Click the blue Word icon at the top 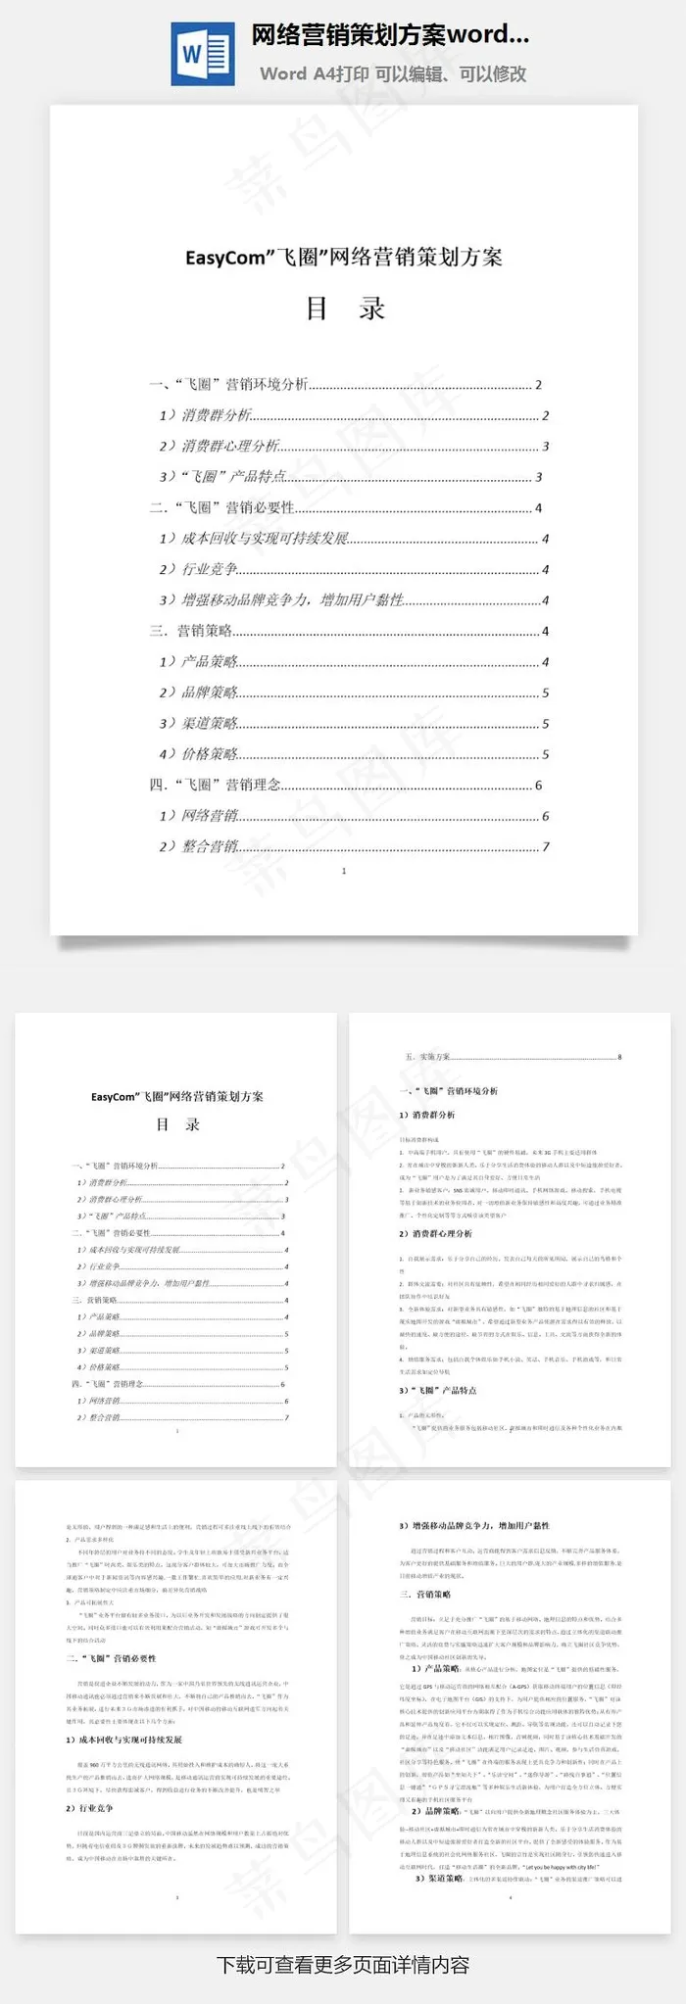(x=202, y=54)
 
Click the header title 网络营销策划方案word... (x=390, y=36)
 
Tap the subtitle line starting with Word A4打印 (x=393, y=73)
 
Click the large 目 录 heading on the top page (x=345, y=309)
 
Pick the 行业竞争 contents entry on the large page (x=210, y=570)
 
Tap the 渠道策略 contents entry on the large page (x=210, y=724)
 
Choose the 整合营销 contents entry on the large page (x=210, y=846)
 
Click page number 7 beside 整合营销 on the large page (x=546, y=846)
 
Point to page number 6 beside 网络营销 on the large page (x=546, y=816)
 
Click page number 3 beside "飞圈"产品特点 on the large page (x=539, y=477)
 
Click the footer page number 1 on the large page (x=344, y=871)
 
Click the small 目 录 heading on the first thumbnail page (x=177, y=1124)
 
